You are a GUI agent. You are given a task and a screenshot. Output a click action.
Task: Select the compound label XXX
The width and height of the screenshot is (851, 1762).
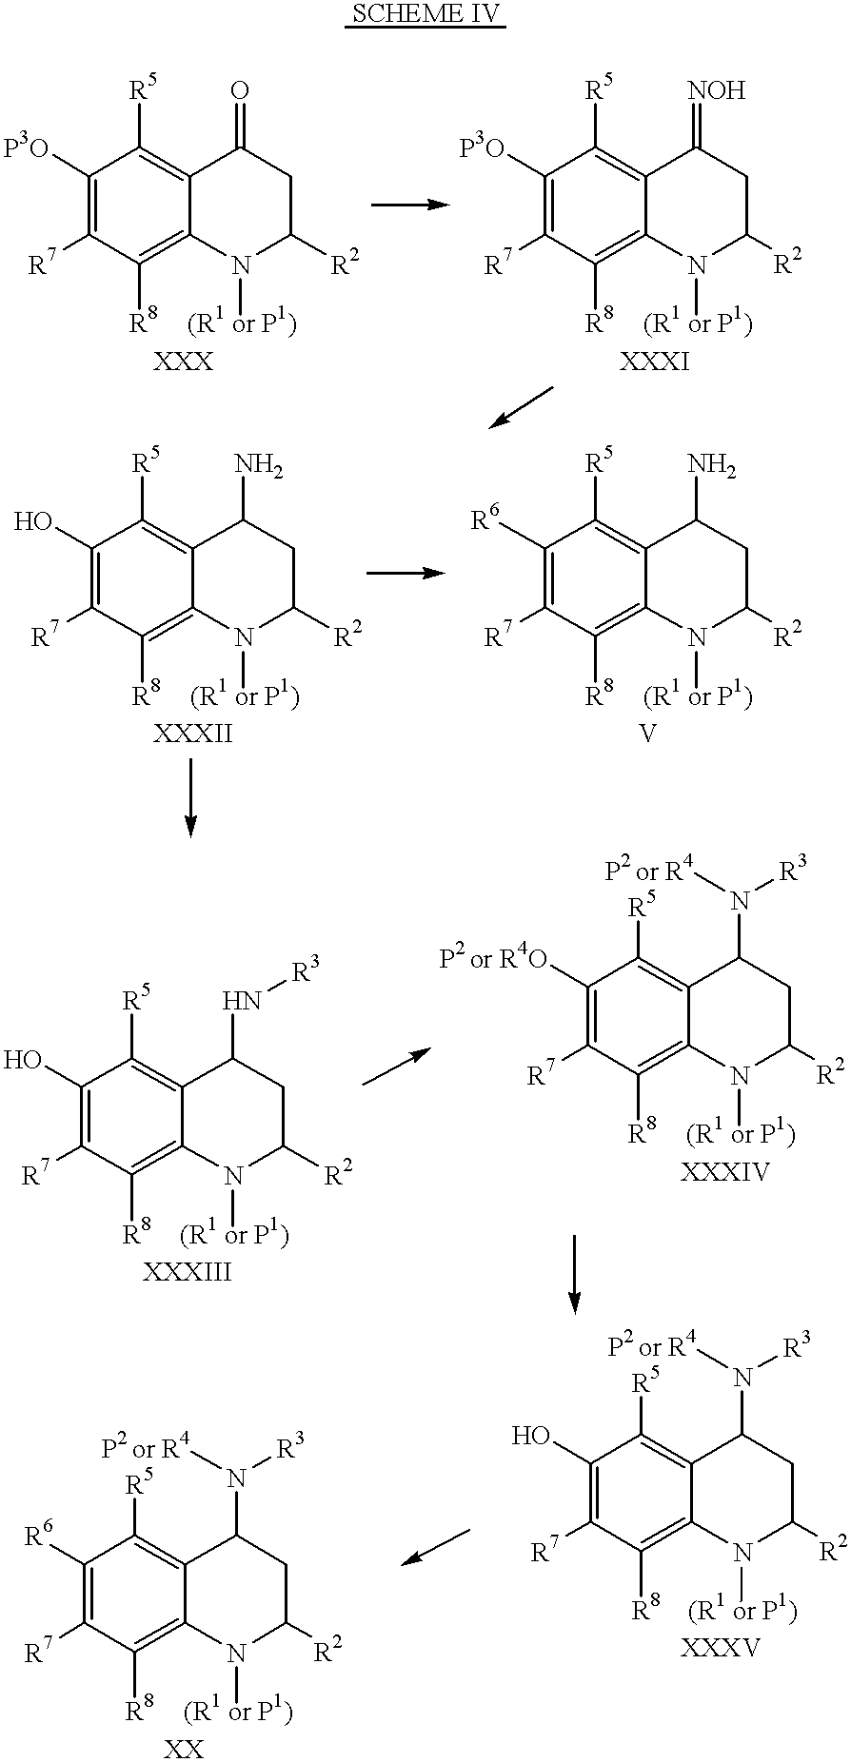coord(185,363)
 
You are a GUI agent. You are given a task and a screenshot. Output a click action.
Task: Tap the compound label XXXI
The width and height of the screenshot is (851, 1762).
coord(653,363)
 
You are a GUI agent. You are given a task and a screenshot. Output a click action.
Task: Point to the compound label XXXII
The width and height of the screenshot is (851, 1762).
coord(189,735)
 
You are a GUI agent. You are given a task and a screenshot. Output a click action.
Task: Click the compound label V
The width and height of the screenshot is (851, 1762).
coord(650,735)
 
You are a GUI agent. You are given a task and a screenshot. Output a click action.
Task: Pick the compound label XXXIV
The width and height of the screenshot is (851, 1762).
coord(725,1171)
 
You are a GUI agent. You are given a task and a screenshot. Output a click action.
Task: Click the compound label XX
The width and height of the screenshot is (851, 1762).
coord(184,1748)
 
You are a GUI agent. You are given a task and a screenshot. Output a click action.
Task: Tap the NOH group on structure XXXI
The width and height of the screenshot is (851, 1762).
coord(716,90)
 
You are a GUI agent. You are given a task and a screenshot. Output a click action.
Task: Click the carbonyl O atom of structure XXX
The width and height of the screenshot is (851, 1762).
coord(241,90)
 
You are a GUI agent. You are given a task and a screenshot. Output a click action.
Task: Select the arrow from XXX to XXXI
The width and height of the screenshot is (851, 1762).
coord(410,205)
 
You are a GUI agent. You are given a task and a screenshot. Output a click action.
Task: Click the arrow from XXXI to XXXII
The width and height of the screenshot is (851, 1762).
coord(521,407)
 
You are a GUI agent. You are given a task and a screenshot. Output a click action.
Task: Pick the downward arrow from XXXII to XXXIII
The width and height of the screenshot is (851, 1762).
coord(190,797)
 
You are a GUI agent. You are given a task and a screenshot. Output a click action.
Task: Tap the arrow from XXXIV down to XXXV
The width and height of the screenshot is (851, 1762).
coord(574,1273)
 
